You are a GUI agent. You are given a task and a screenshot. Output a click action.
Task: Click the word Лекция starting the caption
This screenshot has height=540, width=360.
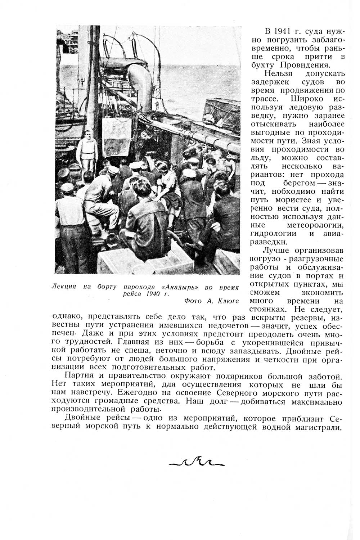point(64,287)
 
